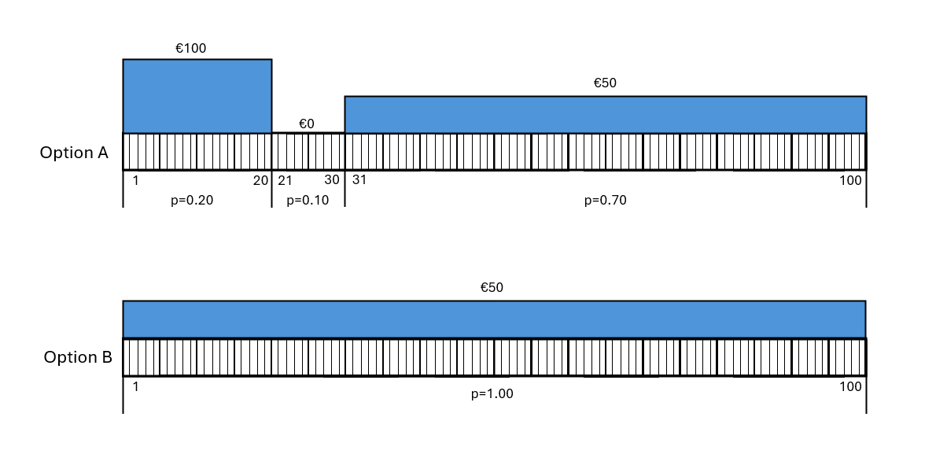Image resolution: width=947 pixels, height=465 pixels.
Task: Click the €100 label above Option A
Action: pyautogui.click(x=190, y=48)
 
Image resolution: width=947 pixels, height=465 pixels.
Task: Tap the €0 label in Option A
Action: pyautogui.click(x=307, y=124)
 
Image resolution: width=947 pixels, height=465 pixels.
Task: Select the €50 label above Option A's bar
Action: pyautogui.click(x=605, y=83)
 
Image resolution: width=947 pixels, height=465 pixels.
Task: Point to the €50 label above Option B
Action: pyautogui.click(x=492, y=287)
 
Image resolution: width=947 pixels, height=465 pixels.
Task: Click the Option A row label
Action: pyautogui.click(x=74, y=153)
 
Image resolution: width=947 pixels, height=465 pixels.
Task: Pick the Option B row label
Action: pyautogui.click(x=78, y=357)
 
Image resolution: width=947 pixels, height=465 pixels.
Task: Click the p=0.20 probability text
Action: pyautogui.click(x=192, y=200)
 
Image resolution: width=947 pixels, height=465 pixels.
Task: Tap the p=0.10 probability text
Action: pyautogui.click(x=308, y=200)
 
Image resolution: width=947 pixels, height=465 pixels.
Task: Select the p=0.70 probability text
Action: pyautogui.click(x=606, y=200)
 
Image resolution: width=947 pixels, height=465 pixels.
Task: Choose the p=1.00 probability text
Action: pyautogui.click(x=492, y=393)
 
